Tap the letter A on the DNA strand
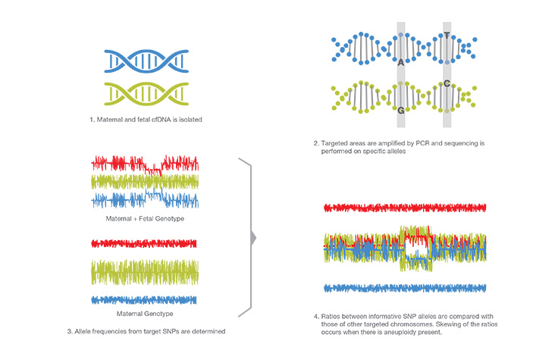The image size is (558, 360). pyautogui.click(x=401, y=63)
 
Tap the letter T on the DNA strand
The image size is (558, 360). pyautogui.click(x=447, y=36)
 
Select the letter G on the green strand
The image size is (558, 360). pyautogui.click(x=401, y=111)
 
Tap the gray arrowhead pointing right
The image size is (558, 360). pyautogui.click(x=253, y=237)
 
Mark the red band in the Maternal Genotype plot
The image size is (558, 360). pyautogui.click(x=144, y=244)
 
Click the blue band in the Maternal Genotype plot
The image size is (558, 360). pyautogui.click(x=144, y=299)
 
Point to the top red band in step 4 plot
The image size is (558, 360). pyautogui.click(x=404, y=207)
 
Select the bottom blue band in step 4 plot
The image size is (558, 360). pyautogui.click(x=404, y=288)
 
